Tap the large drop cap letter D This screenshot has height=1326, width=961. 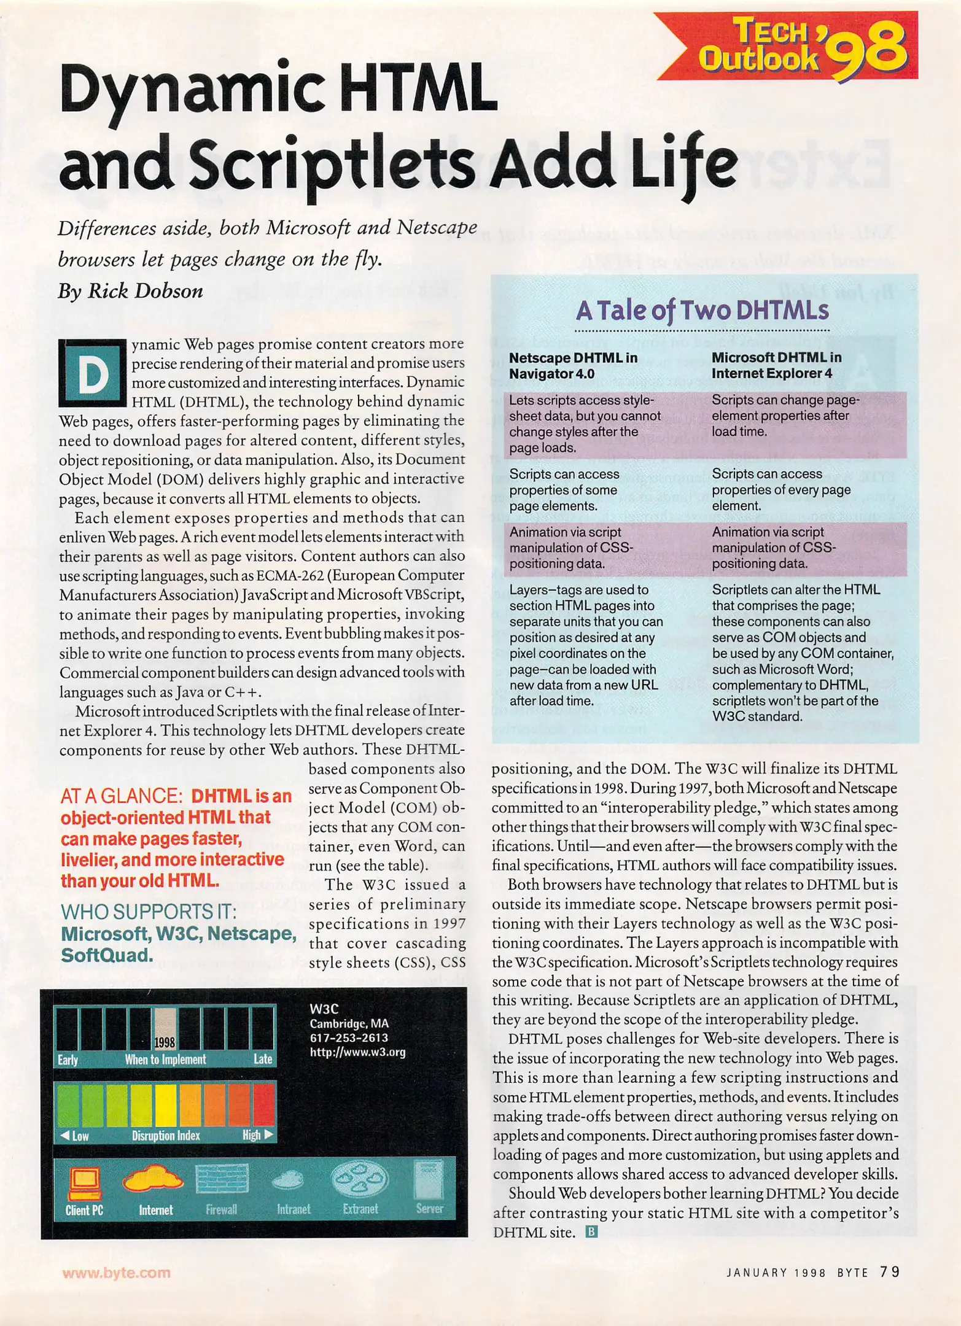[x=92, y=373]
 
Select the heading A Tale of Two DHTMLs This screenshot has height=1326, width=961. [x=702, y=311]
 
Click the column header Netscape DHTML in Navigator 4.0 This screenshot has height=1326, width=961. [x=573, y=365]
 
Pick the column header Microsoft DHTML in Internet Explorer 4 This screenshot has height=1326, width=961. [x=776, y=365]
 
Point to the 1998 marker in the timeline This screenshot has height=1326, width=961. [x=165, y=1042]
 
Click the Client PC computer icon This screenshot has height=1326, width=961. [x=84, y=1183]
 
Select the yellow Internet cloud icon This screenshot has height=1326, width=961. [x=153, y=1178]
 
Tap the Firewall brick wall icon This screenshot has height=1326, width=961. [x=222, y=1179]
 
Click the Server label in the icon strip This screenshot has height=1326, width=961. [x=429, y=1209]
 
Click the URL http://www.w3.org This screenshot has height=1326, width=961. [x=357, y=1052]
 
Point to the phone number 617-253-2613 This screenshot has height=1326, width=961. [x=348, y=1037]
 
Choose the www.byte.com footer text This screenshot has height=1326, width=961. [x=116, y=1273]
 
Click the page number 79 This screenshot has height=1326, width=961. [x=889, y=1271]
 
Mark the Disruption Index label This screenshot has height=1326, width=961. [x=166, y=1136]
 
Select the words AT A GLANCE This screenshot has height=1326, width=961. [x=121, y=796]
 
